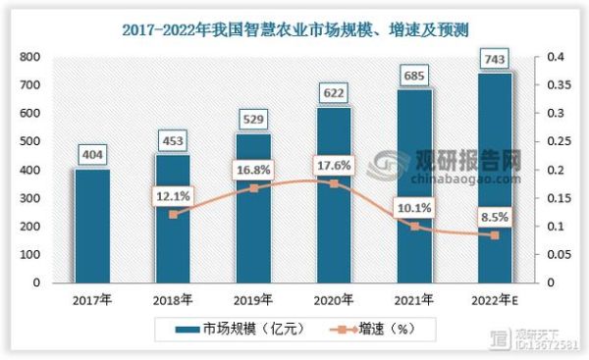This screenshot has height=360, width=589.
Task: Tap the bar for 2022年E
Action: tap(495, 177)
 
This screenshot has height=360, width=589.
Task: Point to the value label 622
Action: tap(333, 93)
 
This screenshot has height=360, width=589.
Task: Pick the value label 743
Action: tap(495, 60)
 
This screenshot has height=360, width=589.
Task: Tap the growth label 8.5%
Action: tap(495, 213)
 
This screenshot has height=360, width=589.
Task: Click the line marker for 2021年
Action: tap(414, 226)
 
